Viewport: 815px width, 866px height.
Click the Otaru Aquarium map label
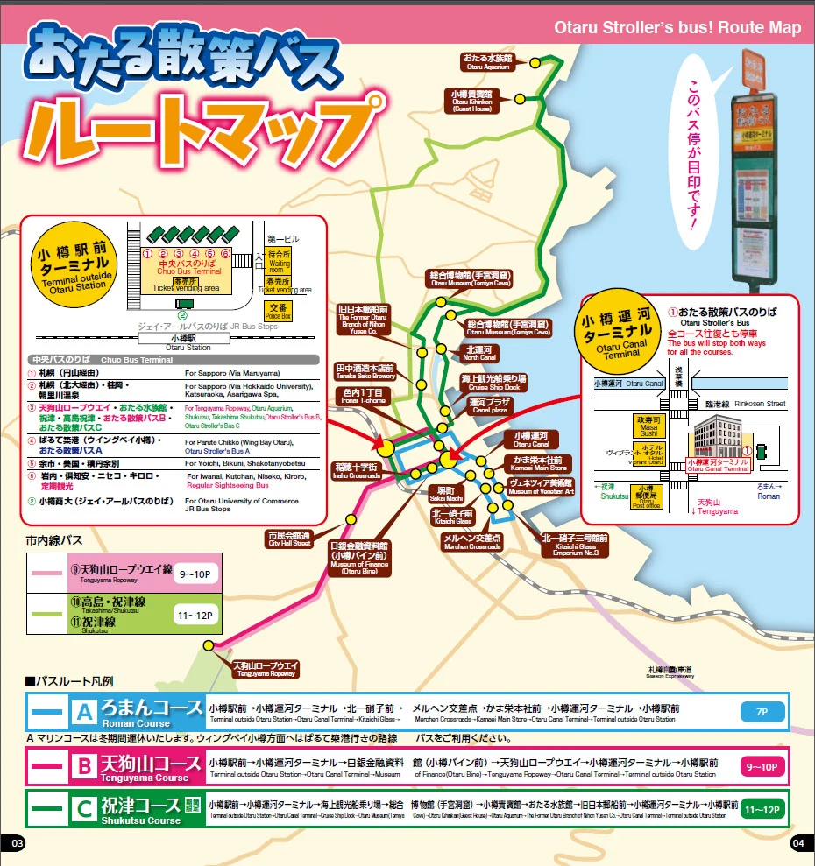tap(488, 61)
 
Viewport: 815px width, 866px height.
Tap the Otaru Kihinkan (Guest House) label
tap(472, 97)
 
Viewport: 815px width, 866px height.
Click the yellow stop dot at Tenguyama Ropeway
tap(209, 645)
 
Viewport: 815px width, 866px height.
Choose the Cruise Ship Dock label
tap(490, 382)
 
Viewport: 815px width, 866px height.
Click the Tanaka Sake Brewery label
tap(365, 372)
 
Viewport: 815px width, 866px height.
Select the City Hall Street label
tap(288, 539)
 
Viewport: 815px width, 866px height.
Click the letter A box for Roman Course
tap(84, 712)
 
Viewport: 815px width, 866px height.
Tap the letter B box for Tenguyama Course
tap(84, 767)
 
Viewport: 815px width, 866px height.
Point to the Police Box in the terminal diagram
tap(277, 311)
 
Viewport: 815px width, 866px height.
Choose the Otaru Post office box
tap(647, 496)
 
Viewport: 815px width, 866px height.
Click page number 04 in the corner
tap(797, 843)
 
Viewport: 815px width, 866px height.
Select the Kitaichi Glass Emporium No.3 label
tap(575, 545)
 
